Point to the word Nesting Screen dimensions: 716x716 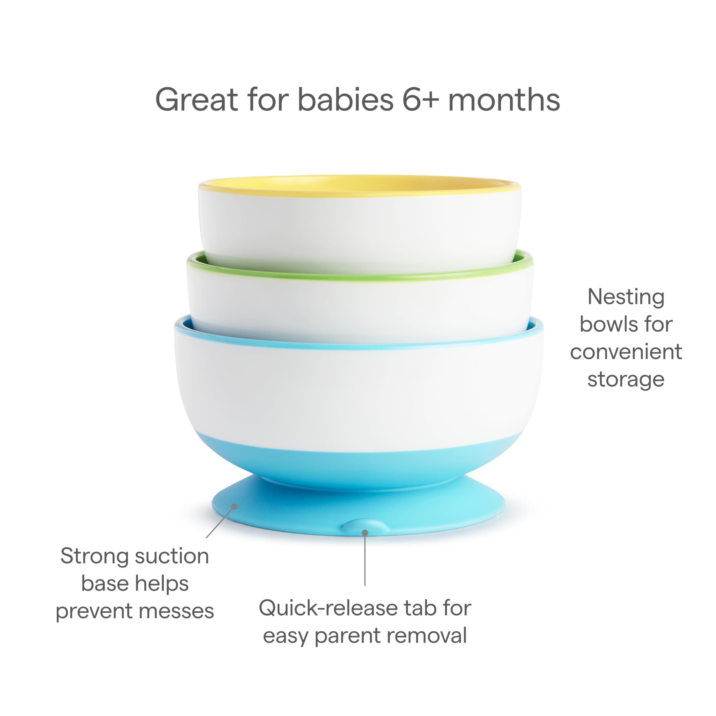(x=626, y=298)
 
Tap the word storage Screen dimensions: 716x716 (x=626, y=380)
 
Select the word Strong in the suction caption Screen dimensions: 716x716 (x=95, y=556)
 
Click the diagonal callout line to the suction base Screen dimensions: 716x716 (x=220, y=522)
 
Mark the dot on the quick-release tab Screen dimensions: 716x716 (x=365, y=533)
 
